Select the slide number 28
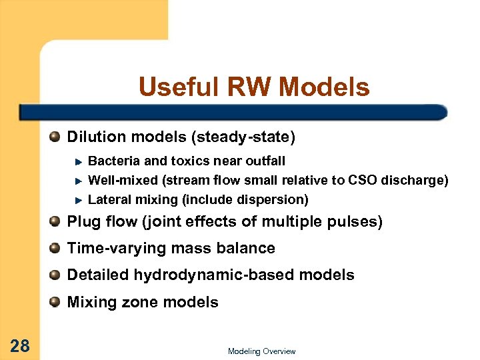pos(19,345)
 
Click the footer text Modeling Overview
pos(261,351)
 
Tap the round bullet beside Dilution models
pos(55,137)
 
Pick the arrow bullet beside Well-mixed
pos(78,181)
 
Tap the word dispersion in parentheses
pos(274,199)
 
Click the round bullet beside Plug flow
pos(55,221)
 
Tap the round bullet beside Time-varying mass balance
pos(55,248)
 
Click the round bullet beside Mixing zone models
pos(55,302)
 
